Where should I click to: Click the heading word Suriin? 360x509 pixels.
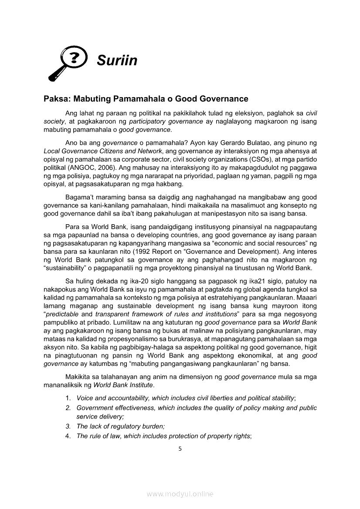point(117,60)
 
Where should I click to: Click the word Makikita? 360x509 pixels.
point(78,377)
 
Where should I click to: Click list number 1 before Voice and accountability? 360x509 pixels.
point(68,398)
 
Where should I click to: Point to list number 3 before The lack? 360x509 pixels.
point(68,426)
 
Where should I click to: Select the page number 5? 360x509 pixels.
point(180,449)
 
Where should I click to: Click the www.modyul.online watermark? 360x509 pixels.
point(180,494)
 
